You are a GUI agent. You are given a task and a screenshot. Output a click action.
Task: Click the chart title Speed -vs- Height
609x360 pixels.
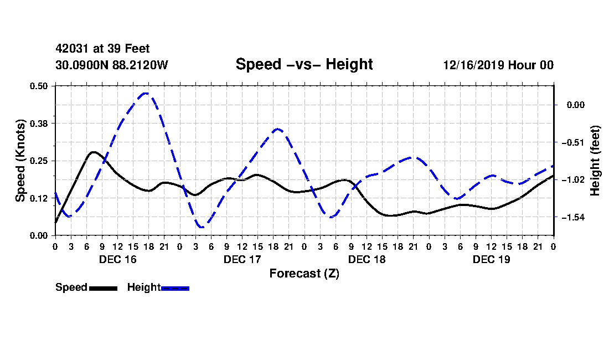(304, 64)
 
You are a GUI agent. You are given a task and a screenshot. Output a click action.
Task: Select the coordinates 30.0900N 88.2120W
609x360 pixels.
(112, 65)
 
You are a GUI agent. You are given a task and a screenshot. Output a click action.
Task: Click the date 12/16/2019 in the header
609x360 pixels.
(473, 65)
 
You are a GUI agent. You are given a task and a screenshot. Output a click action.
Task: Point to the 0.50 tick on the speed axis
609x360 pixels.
(38, 86)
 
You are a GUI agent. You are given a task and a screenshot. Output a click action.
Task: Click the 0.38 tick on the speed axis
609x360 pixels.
(38, 124)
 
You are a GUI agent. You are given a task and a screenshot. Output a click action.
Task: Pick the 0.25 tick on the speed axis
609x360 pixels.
(38, 161)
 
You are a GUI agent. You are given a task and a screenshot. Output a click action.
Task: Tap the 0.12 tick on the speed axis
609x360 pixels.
(38, 198)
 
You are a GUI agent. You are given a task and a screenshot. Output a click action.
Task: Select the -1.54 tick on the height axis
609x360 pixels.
(573, 218)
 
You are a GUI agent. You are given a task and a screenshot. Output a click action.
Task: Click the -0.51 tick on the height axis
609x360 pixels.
(573, 142)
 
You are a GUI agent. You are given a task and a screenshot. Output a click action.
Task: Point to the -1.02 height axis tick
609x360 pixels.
(573, 180)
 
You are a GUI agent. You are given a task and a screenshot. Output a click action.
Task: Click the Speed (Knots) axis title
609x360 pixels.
(20, 161)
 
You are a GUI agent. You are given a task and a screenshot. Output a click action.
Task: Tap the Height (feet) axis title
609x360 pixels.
(595, 161)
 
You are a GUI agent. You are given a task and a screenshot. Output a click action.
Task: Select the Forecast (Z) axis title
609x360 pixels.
(304, 274)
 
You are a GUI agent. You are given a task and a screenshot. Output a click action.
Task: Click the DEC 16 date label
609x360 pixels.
(118, 259)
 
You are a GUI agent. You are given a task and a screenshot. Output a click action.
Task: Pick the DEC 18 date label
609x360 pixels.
(367, 259)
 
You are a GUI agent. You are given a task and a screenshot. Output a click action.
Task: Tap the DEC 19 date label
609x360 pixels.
(491, 259)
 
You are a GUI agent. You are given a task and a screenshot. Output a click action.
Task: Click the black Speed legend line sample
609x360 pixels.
(103, 289)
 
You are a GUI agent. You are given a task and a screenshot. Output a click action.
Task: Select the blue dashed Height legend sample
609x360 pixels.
(175, 289)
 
